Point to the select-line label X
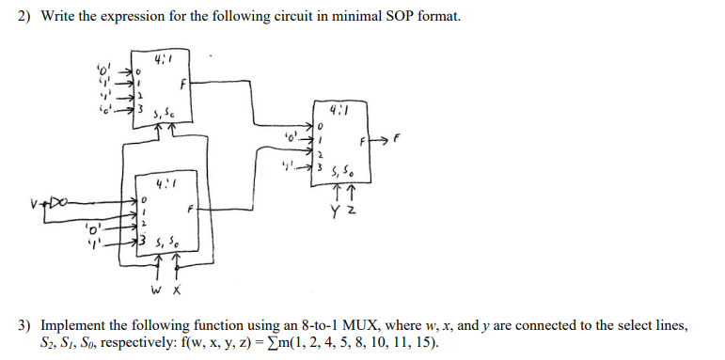click(175, 289)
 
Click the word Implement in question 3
click(67, 325)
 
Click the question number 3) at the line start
click(25, 325)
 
